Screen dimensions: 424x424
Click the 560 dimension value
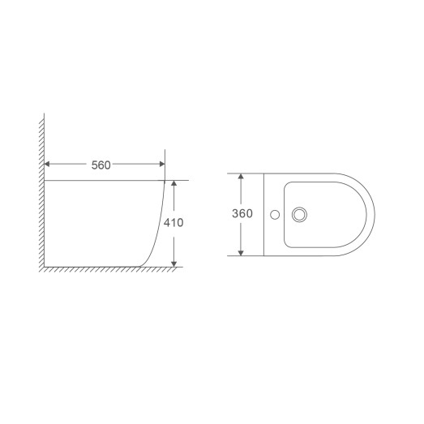[x=101, y=165]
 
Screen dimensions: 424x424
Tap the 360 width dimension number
[x=242, y=214]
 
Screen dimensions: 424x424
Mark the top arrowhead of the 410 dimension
[x=174, y=184]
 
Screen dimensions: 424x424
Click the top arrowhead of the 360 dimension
[x=241, y=178]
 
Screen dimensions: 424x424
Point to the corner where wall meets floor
[x=43, y=266]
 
